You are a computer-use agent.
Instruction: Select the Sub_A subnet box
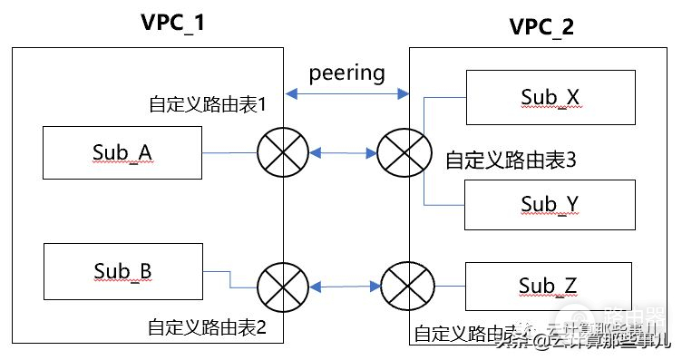(x=122, y=152)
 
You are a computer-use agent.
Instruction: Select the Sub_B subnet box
(x=122, y=271)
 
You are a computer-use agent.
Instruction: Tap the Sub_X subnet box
(x=549, y=97)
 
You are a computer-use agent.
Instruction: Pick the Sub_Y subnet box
(x=549, y=204)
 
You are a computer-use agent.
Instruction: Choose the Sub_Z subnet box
(x=549, y=287)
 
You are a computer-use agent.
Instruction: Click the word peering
(x=346, y=72)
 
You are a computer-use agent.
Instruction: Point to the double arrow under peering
(x=346, y=92)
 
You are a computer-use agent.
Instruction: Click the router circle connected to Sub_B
(x=283, y=288)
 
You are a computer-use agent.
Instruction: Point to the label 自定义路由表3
(x=511, y=161)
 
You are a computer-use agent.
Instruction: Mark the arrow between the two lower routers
(x=343, y=288)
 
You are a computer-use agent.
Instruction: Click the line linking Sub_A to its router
(x=229, y=152)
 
